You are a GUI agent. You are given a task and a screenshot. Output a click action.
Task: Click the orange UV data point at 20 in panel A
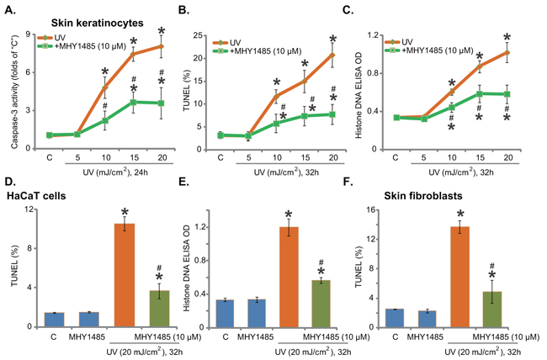click(159, 46)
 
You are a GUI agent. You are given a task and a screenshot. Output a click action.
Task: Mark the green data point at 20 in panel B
click(332, 114)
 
